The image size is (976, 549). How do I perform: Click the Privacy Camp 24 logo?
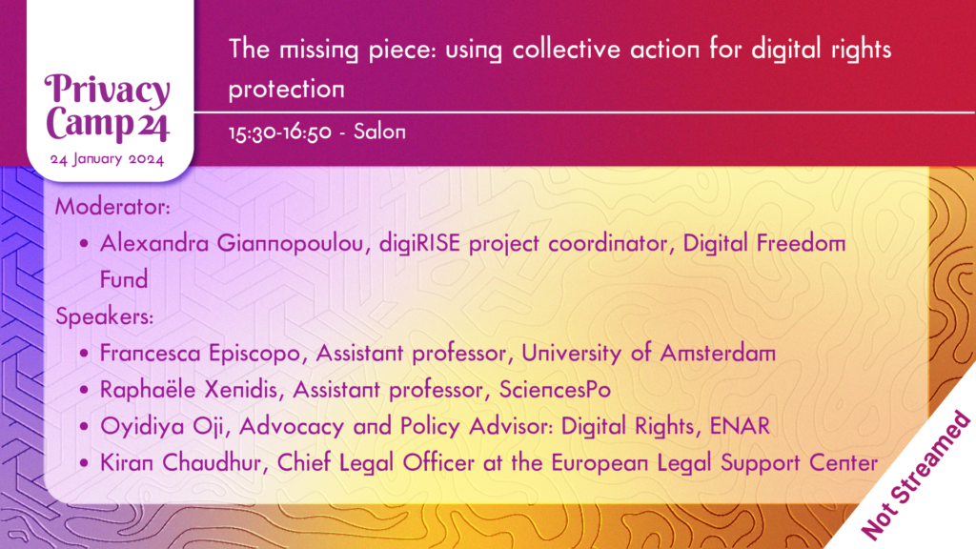107,107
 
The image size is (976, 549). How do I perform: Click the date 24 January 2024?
107,159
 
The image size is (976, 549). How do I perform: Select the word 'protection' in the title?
286,90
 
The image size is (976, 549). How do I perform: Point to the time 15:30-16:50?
280,132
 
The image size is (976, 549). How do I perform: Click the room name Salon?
379,132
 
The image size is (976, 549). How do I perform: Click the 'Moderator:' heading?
112,207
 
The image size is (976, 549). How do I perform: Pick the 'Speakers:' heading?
105,316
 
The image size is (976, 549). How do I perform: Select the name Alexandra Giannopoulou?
232,243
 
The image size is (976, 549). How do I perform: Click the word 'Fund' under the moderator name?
124,280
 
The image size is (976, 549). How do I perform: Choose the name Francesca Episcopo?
200,354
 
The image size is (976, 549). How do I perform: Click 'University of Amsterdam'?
648,354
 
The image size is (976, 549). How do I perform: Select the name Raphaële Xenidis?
189,390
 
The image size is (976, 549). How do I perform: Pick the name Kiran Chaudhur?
180,463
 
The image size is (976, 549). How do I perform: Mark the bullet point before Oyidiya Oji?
85,426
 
